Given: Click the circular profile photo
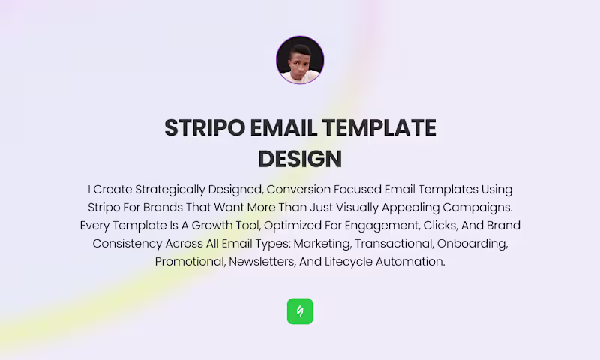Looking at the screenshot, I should (300, 60).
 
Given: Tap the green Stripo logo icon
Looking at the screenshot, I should (300, 311).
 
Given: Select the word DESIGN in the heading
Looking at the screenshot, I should (300, 159).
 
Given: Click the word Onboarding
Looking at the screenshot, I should (472, 244).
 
